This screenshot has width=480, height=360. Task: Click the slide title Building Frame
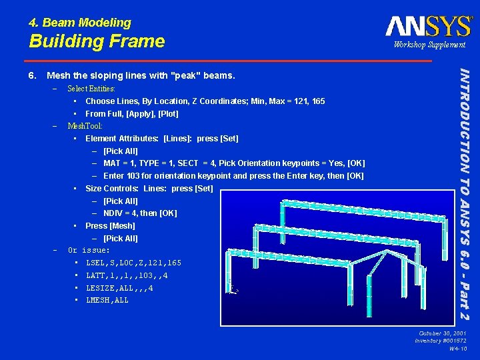coord(97,41)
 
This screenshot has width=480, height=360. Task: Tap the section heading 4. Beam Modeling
coord(80,23)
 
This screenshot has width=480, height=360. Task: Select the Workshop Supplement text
coord(429,45)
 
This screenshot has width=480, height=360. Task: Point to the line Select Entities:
coord(91,89)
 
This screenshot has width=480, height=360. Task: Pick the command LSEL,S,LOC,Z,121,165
coord(133,263)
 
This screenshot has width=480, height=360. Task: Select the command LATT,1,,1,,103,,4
coord(127,275)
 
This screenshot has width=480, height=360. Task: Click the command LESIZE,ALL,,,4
coord(119,288)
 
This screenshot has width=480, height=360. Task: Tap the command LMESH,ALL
coord(107,300)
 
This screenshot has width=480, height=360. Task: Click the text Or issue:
coord(89,250)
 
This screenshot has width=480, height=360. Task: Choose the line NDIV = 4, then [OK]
coord(140,213)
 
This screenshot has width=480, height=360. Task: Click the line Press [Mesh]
coord(110,226)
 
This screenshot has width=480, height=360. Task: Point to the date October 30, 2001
coord(443,333)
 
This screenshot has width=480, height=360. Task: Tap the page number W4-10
coord(457,349)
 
